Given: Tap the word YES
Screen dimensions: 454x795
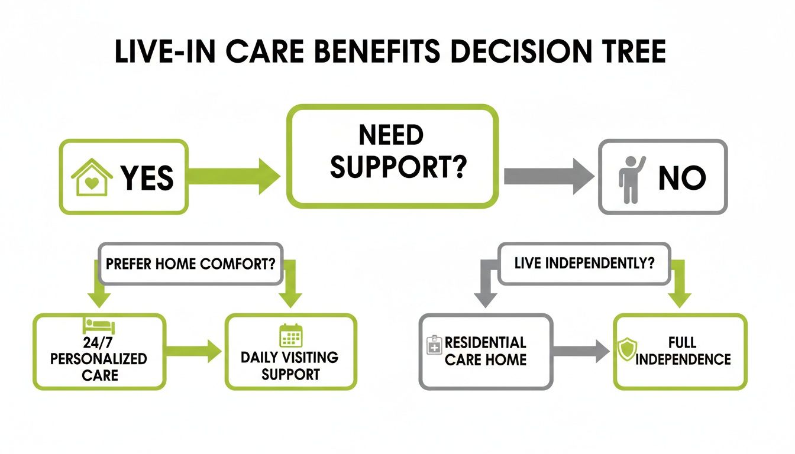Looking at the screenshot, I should click(147, 177).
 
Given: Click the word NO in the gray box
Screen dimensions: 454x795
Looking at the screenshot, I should click(682, 177).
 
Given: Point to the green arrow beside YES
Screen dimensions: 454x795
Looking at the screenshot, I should click(234, 176).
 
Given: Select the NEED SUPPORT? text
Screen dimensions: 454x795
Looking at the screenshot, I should click(390, 153).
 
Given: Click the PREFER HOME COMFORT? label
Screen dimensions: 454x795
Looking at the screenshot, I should click(190, 263).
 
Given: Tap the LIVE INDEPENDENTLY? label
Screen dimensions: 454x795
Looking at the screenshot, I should click(584, 263).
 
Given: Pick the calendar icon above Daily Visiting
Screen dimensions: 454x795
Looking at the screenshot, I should click(290, 335).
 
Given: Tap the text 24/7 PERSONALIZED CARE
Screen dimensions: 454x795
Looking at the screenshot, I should click(99, 358).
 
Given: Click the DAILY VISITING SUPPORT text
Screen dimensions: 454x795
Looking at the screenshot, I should click(290, 365).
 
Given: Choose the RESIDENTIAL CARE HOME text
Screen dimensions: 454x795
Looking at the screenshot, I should click(485, 351).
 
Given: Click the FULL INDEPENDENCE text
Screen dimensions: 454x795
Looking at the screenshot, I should click(683, 351).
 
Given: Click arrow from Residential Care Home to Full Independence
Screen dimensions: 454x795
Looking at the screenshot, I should click(581, 351).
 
